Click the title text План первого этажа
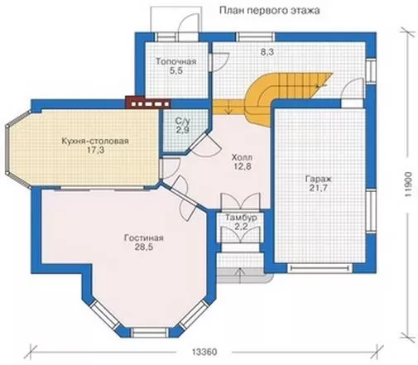point(270,11)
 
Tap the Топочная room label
point(176,61)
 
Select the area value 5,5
point(176,71)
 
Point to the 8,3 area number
point(267,52)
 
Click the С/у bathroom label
point(183,121)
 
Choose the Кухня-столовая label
point(95,142)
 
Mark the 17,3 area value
point(96,151)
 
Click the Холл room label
point(242,157)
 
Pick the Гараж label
point(319,179)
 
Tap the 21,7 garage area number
point(319,188)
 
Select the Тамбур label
point(241,218)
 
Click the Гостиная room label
point(144,238)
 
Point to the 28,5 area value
point(144,247)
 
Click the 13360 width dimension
point(204,352)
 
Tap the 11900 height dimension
point(409,185)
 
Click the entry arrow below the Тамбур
point(241,275)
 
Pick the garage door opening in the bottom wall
point(320,268)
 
